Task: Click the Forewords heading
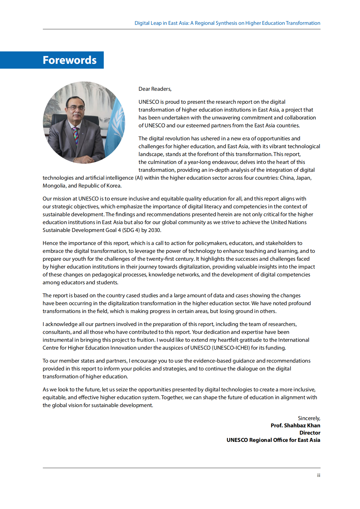pos(70,60)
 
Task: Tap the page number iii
pos(318,475)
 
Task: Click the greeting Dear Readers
pos(155,89)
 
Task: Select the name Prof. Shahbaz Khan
pos(295,426)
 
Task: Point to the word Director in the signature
pos(310,433)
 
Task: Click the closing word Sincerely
pos(309,418)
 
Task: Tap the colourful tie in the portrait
pos(76,135)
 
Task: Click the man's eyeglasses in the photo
pos(76,108)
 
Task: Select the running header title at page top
pos(227,23)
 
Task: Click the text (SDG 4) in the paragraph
pos(131,230)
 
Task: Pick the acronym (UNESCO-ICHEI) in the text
pos(231,348)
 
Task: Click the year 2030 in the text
pos(154,230)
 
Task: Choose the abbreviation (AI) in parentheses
pos(139,178)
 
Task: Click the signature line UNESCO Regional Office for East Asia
pos(273,440)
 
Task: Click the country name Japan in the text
pos(303,178)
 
